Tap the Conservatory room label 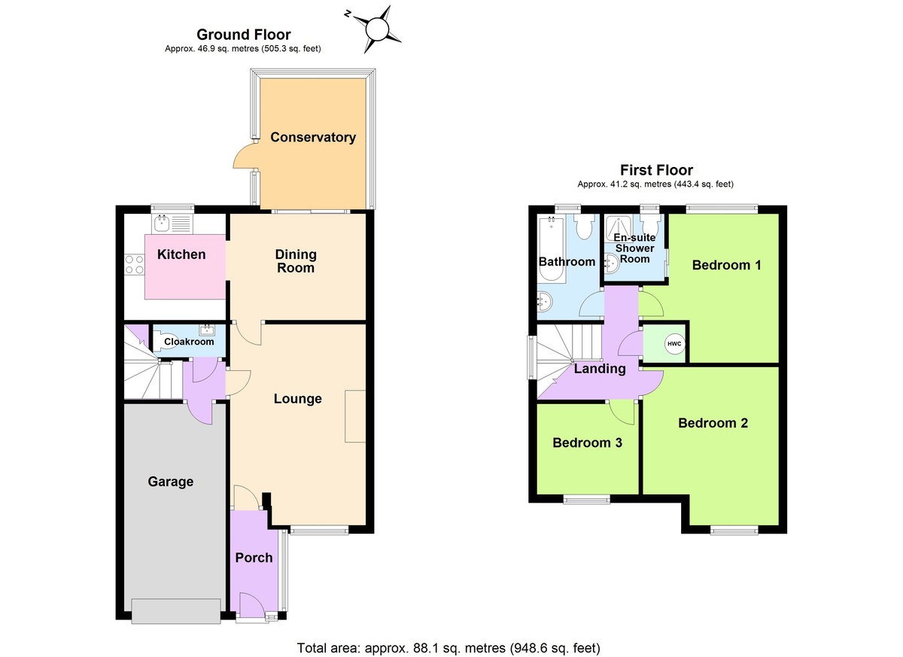[313, 137]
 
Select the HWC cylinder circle [674, 344]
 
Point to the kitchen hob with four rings [135, 264]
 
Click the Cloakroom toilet [166, 338]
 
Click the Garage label [170, 482]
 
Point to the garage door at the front [176, 610]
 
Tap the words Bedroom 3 [587, 443]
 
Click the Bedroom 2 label [713, 423]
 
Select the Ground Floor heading [243, 34]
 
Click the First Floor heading [656, 170]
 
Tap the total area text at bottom [449, 647]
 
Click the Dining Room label [296, 261]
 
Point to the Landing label [600, 369]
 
